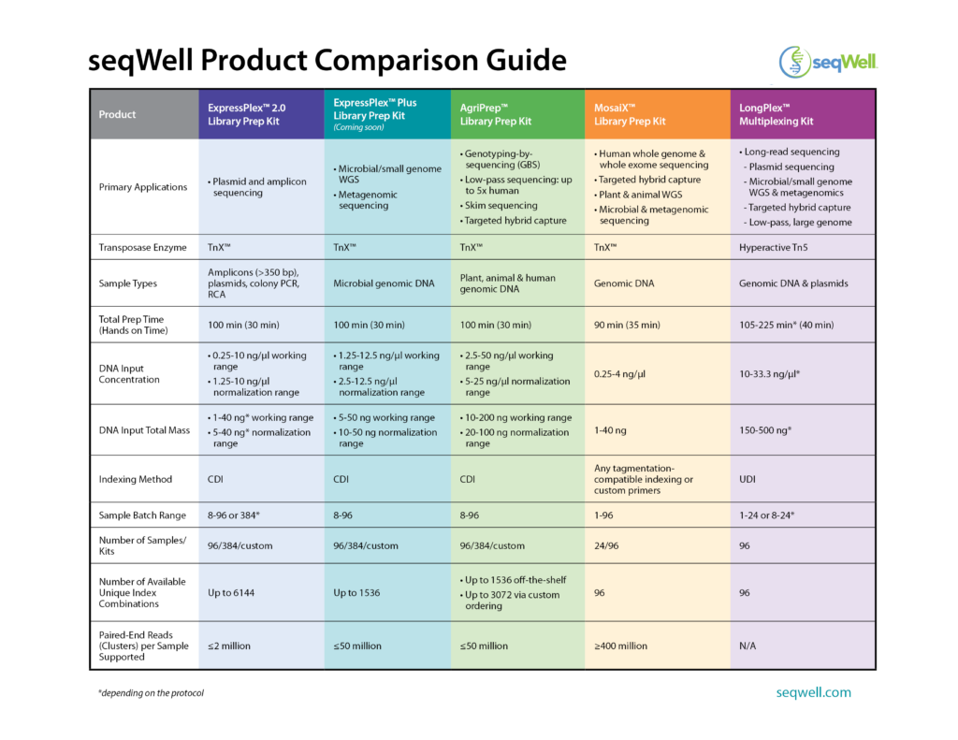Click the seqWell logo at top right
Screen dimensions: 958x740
pyautogui.click(x=828, y=62)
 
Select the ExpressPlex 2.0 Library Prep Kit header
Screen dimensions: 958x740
pyautogui.click(x=246, y=114)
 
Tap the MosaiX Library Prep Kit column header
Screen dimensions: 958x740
pyautogui.click(x=630, y=114)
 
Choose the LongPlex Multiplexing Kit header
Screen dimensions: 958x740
pyautogui.click(x=776, y=114)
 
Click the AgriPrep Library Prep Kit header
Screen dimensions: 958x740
pyautogui.click(x=496, y=114)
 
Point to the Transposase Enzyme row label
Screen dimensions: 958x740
pyautogui.click(x=142, y=248)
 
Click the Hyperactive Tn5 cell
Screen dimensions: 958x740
pyautogui.click(x=773, y=248)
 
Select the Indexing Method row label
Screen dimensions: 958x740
pyautogui.click(x=135, y=479)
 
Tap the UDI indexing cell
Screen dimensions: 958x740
pyautogui.click(x=748, y=479)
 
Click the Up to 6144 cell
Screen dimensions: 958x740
pyautogui.click(x=231, y=593)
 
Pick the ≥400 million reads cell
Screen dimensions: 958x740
pyautogui.click(x=620, y=646)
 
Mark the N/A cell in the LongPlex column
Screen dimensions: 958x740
pyautogui.click(x=748, y=646)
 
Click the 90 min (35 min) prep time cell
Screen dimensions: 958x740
pyautogui.click(x=627, y=325)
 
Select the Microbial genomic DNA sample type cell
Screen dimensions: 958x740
pyautogui.click(x=384, y=283)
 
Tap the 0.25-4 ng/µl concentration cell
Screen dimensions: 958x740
pyautogui.click(x=619, y=374)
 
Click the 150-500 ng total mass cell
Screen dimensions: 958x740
pyautogui.click(x=765, y=430)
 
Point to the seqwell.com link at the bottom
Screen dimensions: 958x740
pyautogui.click(x=813, y=692)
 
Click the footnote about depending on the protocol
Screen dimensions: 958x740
pyautogui.click(x=151, y=693)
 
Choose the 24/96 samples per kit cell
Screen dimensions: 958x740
pyautogui.click(x=606, y=545)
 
